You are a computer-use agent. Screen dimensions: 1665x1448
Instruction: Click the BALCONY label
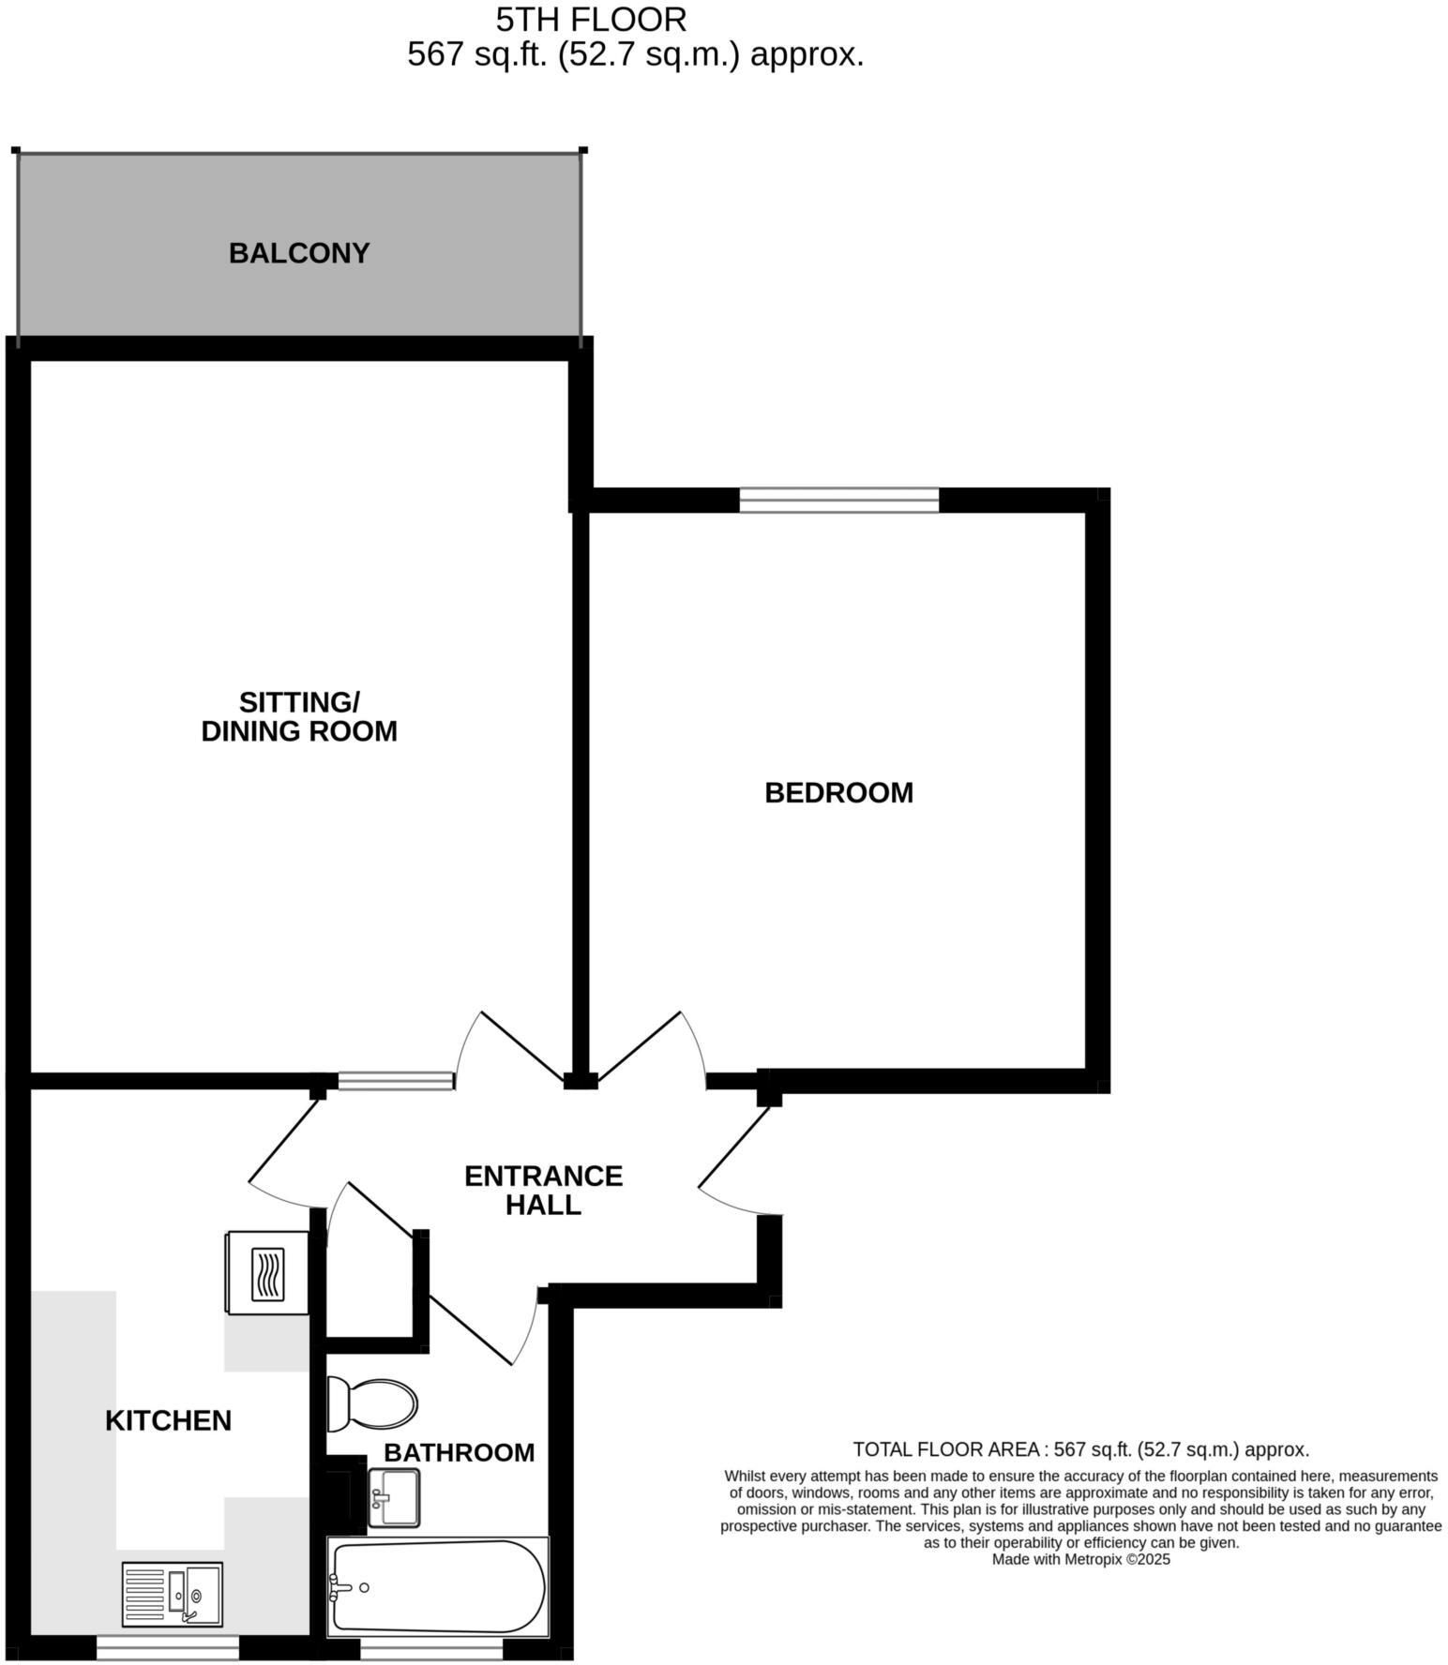(x=299, y=253)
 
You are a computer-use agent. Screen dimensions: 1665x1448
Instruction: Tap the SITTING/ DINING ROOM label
(x=299, y=716)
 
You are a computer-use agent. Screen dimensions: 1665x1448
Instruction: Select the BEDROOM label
(x=838, y=792)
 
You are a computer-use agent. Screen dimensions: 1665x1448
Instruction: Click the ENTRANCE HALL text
(x=543, y=1190)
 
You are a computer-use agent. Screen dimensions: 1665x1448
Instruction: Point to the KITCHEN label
(x=168, y=1420)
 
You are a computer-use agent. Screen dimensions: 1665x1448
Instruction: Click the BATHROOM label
(x=459, y=1452)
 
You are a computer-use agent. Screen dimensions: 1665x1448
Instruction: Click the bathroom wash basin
(x=394, y=1497)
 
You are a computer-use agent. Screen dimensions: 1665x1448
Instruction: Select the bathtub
(x=438, y=1586)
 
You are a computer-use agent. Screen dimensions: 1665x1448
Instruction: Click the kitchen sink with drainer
(x=173, y=1594)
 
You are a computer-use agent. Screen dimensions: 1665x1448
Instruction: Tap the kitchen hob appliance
(x=267, y=1273)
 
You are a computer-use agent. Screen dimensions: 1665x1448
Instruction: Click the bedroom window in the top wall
(x=838, y=500)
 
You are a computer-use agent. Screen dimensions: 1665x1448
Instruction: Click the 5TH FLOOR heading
(x=591, y=19)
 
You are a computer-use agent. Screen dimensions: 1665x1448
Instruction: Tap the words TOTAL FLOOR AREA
(x=945, y=1449)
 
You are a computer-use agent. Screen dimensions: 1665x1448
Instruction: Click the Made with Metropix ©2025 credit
(x=1080, y=1559)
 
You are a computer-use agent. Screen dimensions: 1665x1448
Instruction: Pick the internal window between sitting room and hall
(x=396, y=1081)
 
